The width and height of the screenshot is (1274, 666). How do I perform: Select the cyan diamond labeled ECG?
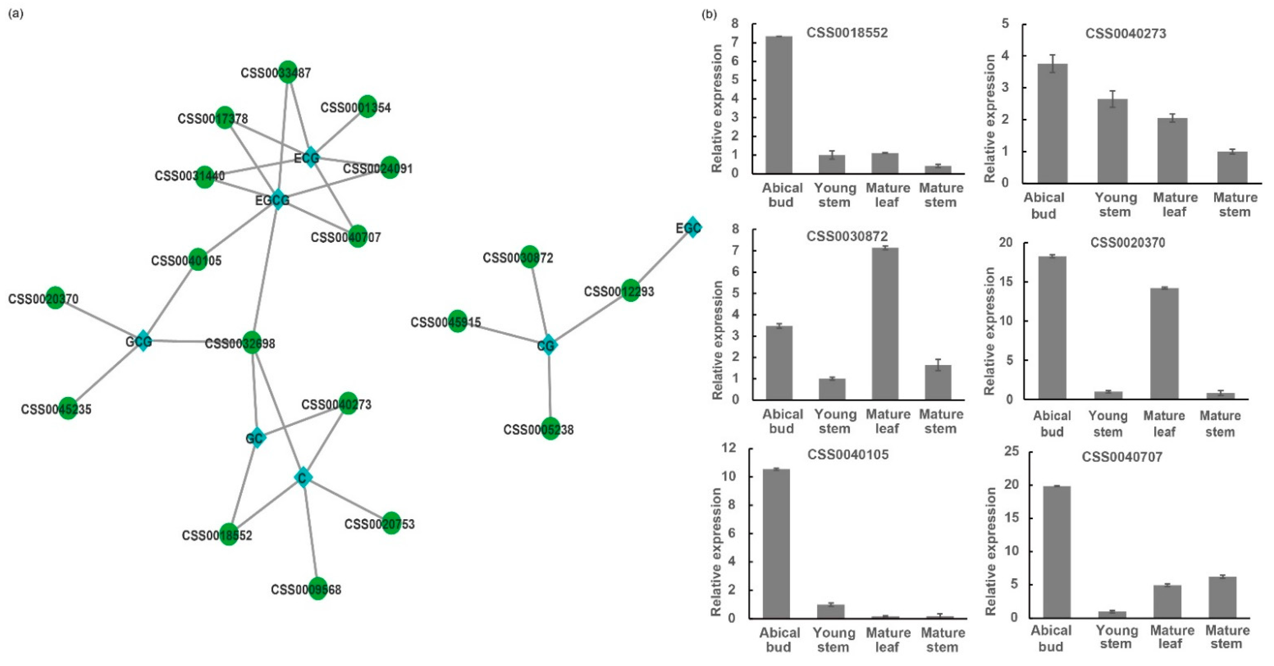[310, 157]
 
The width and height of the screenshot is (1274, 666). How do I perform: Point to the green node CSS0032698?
[252, 342]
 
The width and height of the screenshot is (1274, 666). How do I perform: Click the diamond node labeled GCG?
[143, 341]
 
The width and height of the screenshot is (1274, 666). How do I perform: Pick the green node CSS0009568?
[317, 589]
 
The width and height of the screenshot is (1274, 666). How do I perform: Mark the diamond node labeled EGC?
[692, 227]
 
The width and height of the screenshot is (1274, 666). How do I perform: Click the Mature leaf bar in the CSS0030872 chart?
[885, 324]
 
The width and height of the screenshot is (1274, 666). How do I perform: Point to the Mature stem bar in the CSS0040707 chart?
[1222, 597]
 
